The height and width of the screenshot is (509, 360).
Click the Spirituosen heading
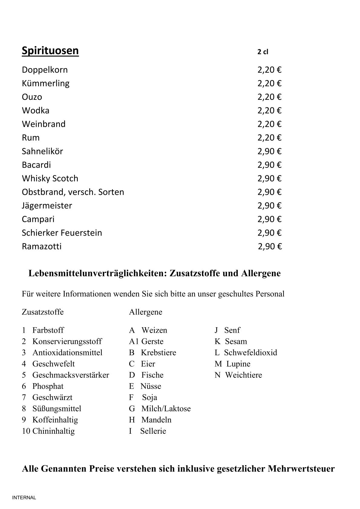[50, 51]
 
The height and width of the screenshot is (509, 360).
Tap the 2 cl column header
[263, 52]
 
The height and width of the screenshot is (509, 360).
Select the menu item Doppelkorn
[45, 70]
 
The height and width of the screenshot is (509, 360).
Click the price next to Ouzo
[269, 97]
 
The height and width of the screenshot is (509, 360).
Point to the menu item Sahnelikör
[42, 151]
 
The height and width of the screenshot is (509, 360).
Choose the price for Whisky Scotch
[269, 178]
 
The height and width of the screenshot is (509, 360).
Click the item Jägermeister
[47, 206]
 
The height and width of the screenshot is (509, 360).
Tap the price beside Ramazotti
[270, 246]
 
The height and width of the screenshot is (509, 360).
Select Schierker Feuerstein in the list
[62, 233]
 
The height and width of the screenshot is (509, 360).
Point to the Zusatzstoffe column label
[43, 312]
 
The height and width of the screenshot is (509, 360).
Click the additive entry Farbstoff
[48, 330]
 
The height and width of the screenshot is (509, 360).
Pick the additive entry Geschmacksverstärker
[70, 375]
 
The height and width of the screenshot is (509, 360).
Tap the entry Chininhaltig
[53, 431]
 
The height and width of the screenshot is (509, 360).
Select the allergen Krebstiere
[158, 353]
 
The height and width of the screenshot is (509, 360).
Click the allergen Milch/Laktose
[166, 409]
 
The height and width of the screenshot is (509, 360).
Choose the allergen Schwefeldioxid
[250, 353]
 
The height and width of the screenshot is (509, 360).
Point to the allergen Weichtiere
[244, 375]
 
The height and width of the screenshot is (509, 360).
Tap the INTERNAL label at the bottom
[24, 498]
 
